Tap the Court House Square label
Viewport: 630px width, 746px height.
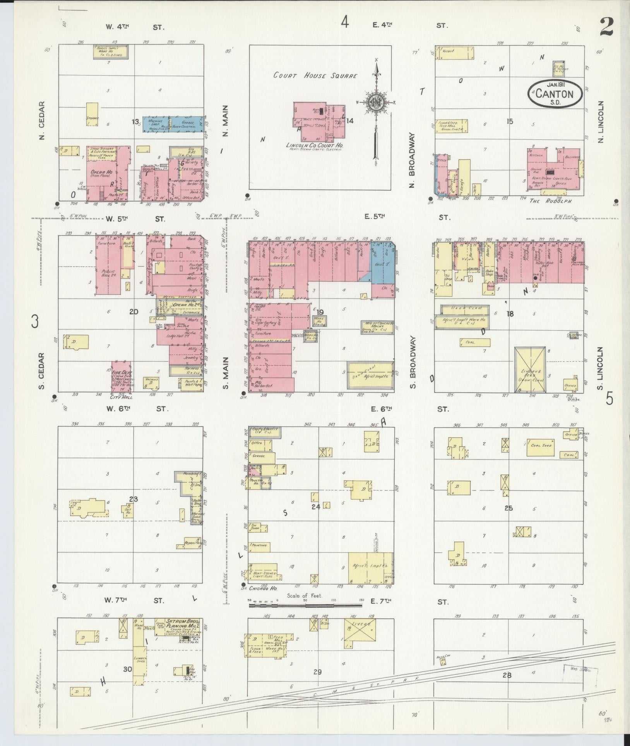(315, 76)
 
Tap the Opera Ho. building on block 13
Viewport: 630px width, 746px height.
(107, 172)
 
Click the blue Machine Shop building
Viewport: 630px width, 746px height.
(155, 125)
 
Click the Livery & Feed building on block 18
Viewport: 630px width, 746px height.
(530, 370)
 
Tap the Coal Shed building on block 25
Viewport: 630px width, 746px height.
(541, 448)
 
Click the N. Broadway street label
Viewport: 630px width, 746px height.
(412, 161)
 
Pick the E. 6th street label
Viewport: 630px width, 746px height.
(381, 409)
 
